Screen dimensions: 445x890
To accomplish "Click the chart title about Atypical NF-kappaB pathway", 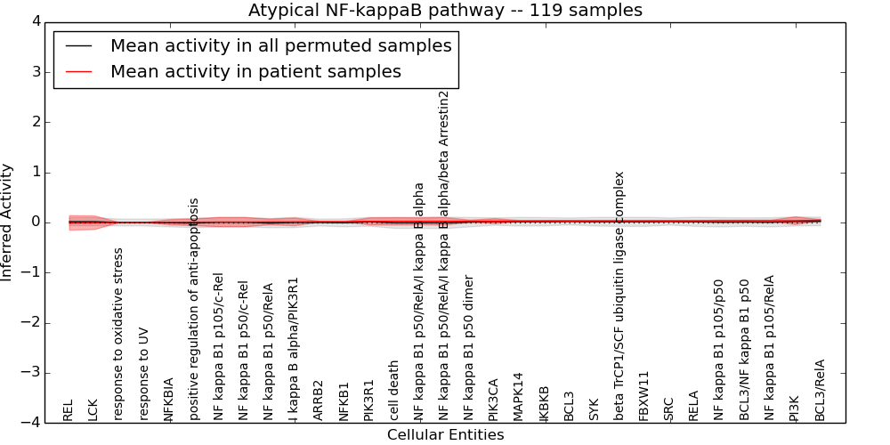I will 445,10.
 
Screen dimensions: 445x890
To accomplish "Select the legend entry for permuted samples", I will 280,45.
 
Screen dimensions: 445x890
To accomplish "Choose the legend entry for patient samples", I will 255,71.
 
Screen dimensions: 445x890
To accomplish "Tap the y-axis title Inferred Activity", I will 7,222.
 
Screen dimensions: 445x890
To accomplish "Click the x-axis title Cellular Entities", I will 445,435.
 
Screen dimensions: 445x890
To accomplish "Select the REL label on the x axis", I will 69,410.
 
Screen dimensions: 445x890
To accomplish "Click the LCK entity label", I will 93,409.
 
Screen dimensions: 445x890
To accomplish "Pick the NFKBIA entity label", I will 169,399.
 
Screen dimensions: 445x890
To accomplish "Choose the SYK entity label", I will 595,409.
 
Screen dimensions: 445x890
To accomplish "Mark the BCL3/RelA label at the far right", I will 821,390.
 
